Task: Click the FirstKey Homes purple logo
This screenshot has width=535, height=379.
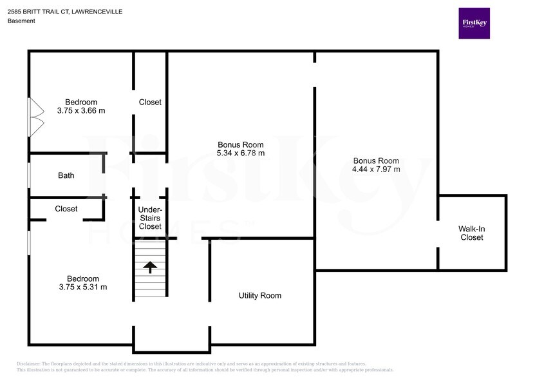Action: (474, 23)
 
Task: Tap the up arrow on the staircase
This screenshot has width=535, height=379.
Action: (151, 266)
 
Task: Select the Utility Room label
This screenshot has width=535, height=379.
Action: (260, 296)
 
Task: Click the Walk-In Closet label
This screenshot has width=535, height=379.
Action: (471, 233)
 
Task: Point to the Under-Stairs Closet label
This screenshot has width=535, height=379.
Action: (151, 218)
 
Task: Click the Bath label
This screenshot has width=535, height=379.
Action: (66, 175)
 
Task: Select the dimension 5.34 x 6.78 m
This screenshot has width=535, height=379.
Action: (241, 153)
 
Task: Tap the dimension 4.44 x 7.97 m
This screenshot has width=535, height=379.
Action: (377, 170)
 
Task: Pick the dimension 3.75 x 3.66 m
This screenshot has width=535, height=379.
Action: (81, 111)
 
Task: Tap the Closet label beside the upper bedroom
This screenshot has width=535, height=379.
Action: (151, 102)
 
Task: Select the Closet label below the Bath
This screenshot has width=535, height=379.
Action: (66, 209)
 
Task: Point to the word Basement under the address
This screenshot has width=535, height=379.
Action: (21, 21)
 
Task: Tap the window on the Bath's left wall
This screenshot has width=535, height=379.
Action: (28, 175)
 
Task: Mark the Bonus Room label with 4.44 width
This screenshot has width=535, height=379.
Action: (377, 160)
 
